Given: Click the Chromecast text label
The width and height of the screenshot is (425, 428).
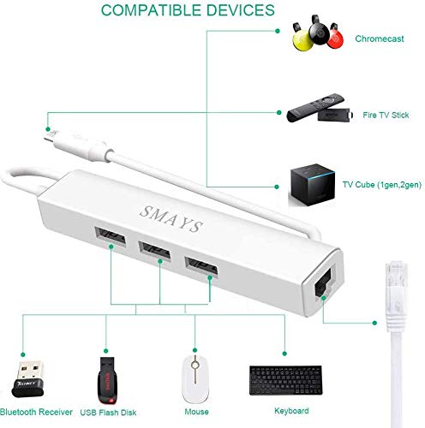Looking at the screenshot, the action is [x=380, y=39].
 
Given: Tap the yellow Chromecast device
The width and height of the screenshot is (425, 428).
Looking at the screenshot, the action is [x=302, y=39].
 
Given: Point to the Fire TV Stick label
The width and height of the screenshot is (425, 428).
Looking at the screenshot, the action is [x=386, y=115].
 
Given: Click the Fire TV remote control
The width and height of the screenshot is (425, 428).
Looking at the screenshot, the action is [x=316, y=107].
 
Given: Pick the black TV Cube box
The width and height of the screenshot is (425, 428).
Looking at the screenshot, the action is [x=313, y=184].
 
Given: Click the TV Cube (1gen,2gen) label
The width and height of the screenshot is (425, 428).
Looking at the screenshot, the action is [x=382, y=185].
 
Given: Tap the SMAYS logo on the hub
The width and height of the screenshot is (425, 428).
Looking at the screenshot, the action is [x=171, y=219].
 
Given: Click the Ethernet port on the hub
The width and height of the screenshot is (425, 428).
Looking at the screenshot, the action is [x=323, y=282].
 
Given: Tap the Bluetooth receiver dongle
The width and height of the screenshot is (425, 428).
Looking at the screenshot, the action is [x=28, y=379].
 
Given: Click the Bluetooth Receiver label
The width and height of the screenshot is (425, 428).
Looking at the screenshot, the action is [x=36, y=412].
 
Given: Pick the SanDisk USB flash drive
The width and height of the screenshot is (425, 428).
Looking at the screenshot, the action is [x=107, y=381].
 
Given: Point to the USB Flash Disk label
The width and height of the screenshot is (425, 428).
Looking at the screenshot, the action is [x=108, y=413].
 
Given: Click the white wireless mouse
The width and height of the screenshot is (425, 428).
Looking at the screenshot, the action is [x=195, y=379].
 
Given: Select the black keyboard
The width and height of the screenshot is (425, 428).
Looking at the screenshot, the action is [x=286, y=380].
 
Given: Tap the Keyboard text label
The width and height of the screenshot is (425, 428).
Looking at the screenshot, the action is [x=291, y=411].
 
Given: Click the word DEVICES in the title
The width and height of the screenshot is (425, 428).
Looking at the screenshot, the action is [x=240, y=10].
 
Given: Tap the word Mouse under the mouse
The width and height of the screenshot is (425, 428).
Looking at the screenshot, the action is [x=196, y=412].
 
